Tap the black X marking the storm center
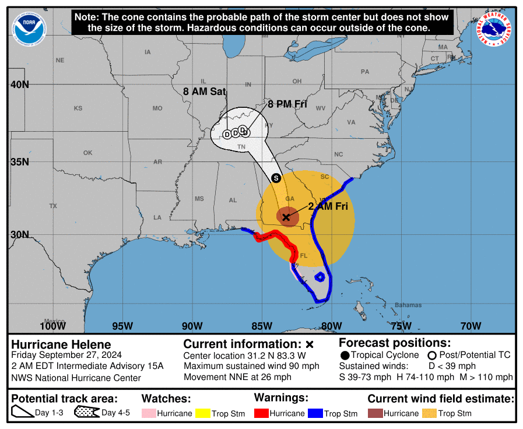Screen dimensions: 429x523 [286, 217]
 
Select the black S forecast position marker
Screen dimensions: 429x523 [276, 178]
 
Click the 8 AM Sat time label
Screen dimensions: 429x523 [204, 92]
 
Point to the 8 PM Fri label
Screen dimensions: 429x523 [287, 104]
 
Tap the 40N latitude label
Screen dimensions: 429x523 [20, 85]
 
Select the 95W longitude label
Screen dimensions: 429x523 [122, 325]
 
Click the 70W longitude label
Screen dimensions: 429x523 [471, 325]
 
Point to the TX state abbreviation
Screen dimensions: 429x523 [53, 206]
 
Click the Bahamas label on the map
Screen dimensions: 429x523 [408, 305]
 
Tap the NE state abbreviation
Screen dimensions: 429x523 [60, 60]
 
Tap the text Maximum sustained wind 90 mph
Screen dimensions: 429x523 [251, 366]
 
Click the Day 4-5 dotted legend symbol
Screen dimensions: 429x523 [86, 413]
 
